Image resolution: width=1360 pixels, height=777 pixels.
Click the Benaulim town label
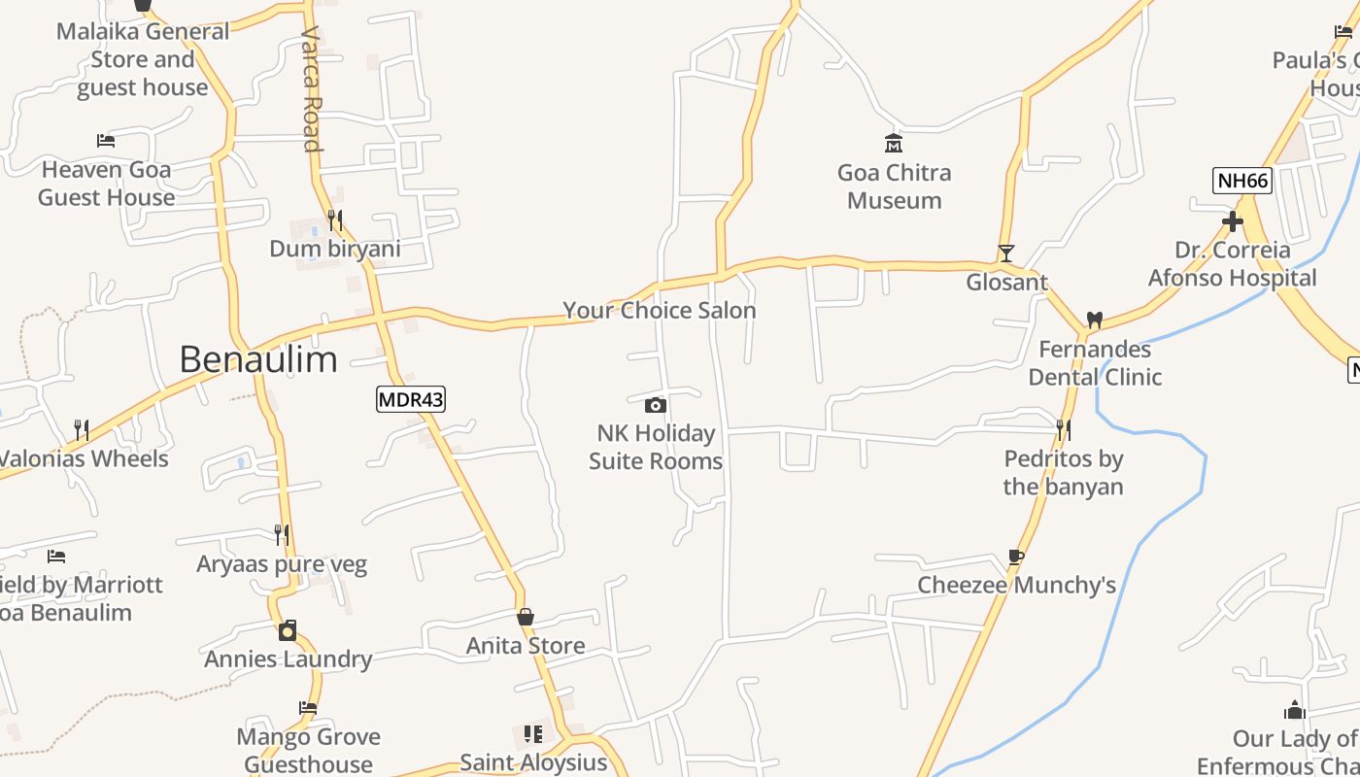[258, 359]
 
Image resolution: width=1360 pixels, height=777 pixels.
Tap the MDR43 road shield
[411, 398]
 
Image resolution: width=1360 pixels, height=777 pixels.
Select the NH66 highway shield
[1242, 181]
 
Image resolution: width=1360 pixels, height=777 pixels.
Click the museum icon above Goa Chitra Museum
[894, 144]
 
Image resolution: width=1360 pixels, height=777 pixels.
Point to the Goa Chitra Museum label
[894, 186]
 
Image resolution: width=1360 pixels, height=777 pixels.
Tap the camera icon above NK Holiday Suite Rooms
[656, 405]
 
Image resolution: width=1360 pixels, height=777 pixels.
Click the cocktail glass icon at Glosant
[1006, 253]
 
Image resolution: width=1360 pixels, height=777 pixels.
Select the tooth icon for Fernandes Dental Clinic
[1095, 320]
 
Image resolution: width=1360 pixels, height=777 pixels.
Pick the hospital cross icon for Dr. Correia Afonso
[1233, 221]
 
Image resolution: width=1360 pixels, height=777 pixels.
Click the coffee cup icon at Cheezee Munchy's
[1016, 557]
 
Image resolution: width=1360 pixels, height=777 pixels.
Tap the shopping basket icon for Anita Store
[526, 617]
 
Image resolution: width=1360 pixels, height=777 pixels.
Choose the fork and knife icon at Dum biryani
[335, 220]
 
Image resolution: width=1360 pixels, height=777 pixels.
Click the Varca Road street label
[311, 89]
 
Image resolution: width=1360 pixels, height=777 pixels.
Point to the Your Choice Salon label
[660, 311]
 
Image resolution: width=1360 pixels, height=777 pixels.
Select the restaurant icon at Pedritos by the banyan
[1064, 429]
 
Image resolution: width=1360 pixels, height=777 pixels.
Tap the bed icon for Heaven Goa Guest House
[106, 141]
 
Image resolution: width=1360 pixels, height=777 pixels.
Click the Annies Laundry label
[289, 659]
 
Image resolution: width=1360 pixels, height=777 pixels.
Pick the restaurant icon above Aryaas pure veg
[282, 535]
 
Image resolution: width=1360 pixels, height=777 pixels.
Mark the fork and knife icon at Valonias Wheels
[82, 429]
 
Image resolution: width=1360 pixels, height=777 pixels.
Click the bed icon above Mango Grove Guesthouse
[308, 708]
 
